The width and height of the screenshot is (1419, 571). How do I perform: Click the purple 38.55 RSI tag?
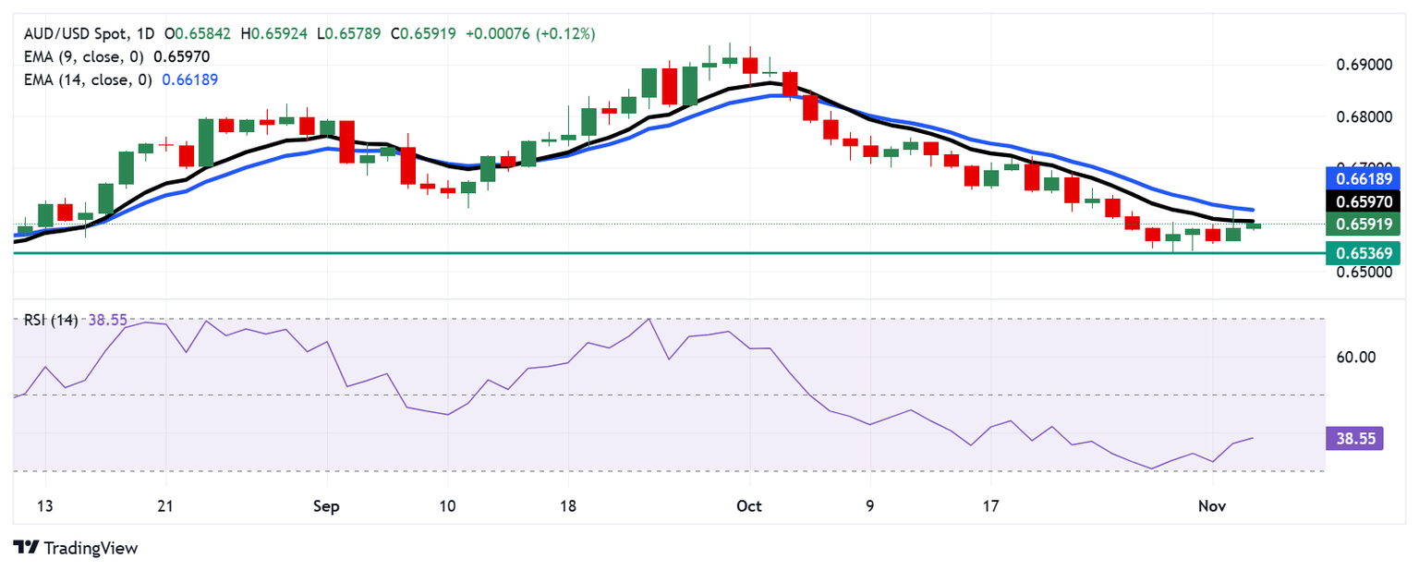1353,438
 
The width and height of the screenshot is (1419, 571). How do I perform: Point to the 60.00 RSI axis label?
1357,358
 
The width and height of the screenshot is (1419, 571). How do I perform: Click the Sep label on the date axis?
326,506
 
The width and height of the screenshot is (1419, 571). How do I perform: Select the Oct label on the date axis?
749,506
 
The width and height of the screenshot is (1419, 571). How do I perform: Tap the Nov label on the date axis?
1212,506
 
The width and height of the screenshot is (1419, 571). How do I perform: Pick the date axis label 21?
165,506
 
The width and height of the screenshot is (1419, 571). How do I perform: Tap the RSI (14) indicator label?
51,320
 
